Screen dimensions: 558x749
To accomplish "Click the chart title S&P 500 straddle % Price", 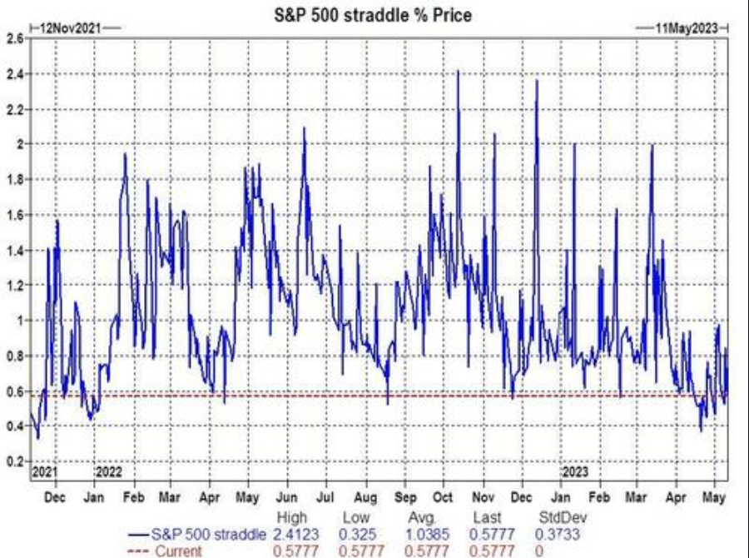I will tap(372, 14).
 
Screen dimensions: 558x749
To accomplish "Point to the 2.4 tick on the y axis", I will tap(14, 74).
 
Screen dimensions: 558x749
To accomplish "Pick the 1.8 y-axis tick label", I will tap(14, 180).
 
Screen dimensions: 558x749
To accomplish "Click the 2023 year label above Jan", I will tap(575, 471).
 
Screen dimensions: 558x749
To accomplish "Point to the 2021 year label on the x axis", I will tap(44, 471).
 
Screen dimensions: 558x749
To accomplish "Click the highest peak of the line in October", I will tap(458, 72).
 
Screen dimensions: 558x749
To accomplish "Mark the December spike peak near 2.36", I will tap(537, 81).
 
